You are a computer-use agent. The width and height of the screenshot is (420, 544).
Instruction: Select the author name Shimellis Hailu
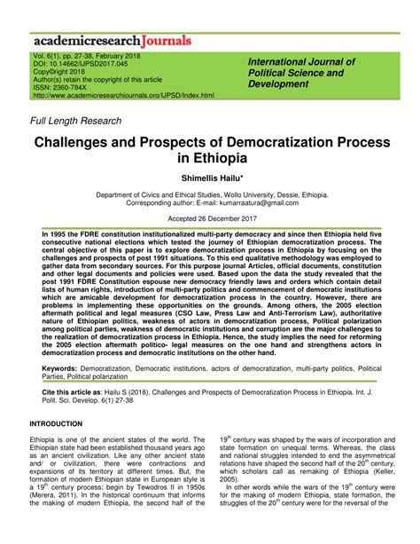(210, 177)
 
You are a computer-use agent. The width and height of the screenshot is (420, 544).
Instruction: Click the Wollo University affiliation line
(210, 194)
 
